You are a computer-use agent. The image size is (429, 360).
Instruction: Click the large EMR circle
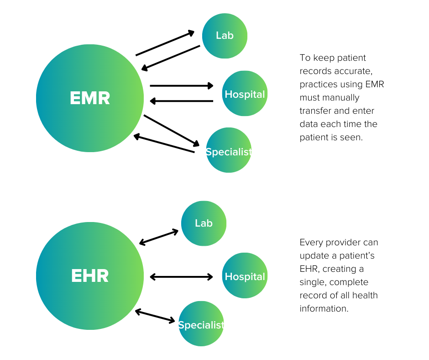90,98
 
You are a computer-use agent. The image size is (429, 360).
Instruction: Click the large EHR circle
90,276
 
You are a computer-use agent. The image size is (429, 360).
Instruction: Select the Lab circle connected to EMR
225,36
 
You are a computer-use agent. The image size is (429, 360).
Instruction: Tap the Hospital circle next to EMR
245,94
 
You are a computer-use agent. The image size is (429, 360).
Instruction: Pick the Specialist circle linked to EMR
228,150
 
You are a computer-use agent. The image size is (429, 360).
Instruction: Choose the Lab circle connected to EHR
204,223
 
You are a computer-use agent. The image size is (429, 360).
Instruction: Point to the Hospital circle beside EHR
245,276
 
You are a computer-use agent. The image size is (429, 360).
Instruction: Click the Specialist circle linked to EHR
201,324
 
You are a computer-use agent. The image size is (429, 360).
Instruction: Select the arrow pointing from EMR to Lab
165,44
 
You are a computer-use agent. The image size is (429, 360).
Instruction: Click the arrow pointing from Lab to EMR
171,58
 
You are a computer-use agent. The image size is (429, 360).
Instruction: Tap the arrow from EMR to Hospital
182,85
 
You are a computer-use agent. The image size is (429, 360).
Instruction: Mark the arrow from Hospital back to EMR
182,101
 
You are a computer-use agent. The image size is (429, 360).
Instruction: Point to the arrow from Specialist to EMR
164,144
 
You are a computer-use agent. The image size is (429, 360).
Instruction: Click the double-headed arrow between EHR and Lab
159,237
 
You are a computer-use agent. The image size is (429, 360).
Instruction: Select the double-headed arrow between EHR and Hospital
182,276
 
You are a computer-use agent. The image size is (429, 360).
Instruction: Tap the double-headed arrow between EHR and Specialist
155,316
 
